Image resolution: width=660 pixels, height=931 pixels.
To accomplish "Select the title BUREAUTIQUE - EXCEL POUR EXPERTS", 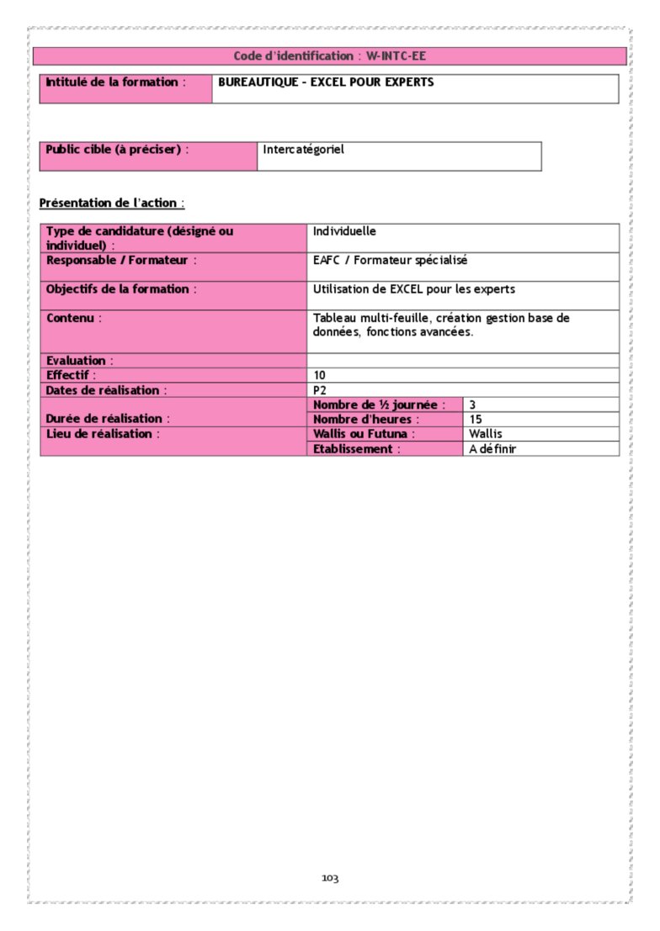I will [x=326, y=82].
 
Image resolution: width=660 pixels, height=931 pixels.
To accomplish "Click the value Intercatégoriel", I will [x=303, y=150].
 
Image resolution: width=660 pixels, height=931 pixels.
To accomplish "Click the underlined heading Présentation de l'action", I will [x=111, y=203].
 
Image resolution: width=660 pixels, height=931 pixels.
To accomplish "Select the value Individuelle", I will [x=344, y=230].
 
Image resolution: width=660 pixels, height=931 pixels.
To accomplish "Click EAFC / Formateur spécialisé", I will [x=390, y=261].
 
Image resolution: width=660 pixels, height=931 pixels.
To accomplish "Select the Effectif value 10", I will [x=319, y=375].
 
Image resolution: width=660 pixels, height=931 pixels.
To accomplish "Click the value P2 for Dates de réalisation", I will [x=319, y=390].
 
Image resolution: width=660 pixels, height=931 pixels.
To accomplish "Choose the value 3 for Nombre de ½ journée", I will [x=473, y=405].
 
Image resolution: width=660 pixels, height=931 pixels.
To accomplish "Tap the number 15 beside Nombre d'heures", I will [x=476, y=419].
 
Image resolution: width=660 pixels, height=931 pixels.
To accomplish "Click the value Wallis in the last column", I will [x=486, y=434].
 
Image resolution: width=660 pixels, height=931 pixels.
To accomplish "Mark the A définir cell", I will [x=492, y=449].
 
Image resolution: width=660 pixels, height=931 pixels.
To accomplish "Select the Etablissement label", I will [x=356, y=449].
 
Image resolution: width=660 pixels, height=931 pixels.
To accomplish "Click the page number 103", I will [x=330, y=879].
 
